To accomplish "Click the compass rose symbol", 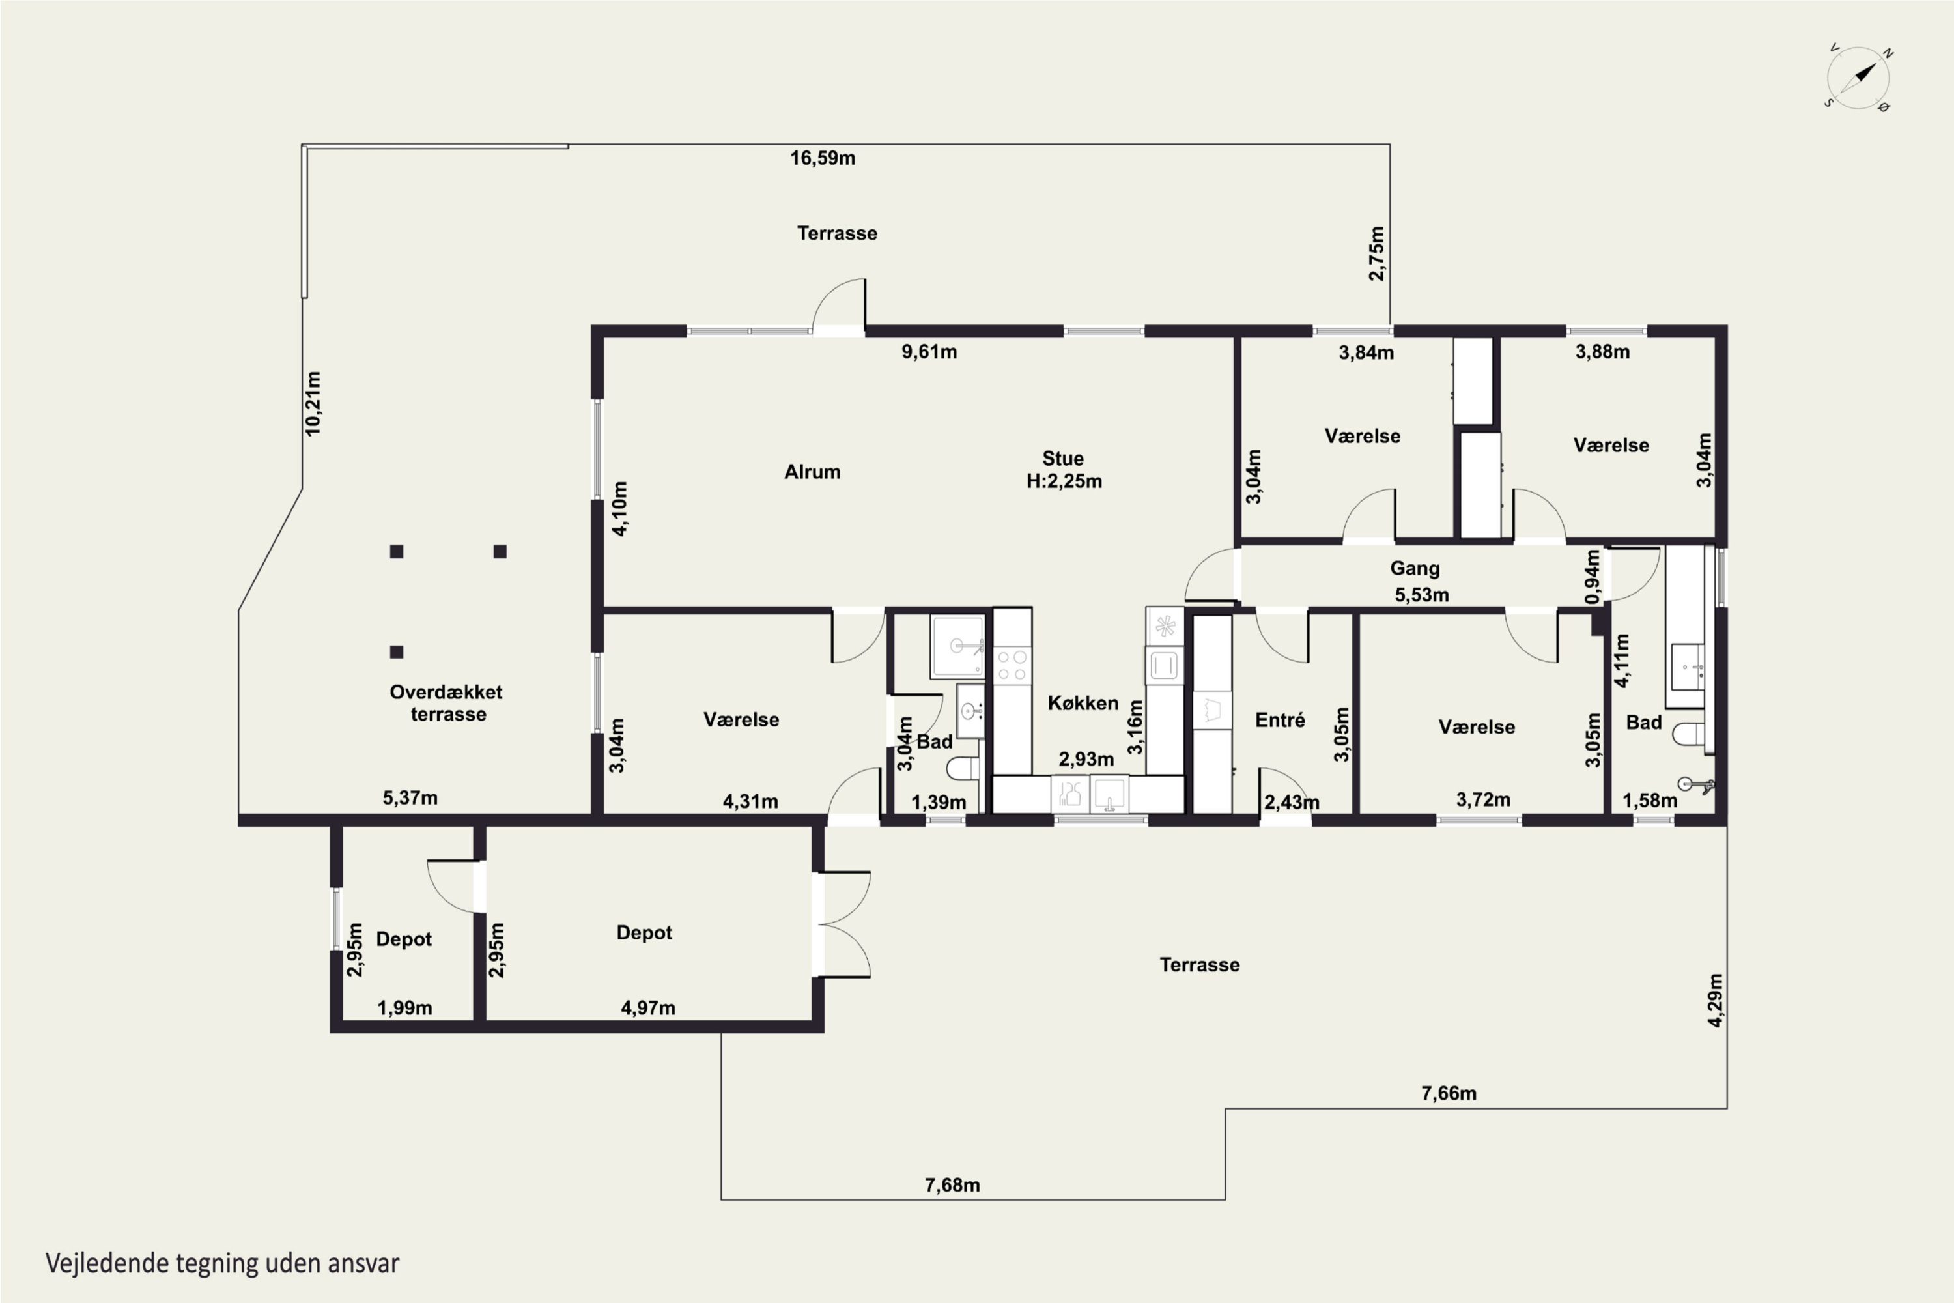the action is point(1858,78).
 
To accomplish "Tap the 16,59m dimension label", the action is point(823,158).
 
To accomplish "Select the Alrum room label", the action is point(812,472).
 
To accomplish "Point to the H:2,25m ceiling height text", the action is point(1064,481).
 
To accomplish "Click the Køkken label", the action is point(1083,703).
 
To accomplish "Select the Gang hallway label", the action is point(1415,568).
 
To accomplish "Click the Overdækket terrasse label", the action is point(446,703).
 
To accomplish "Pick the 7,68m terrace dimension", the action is point(952,1185).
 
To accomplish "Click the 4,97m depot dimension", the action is point(648,1008).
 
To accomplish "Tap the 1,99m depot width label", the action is point(404,1008).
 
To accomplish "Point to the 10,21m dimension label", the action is point(313,403).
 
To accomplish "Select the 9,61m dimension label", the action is point(929,352).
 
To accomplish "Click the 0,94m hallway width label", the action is point(1592,577).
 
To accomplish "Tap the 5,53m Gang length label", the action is point(1421,595).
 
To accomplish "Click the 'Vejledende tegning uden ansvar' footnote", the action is point(223,1263).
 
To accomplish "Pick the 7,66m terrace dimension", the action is point(1449,1094).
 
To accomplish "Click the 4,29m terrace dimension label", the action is point(1716,1001).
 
